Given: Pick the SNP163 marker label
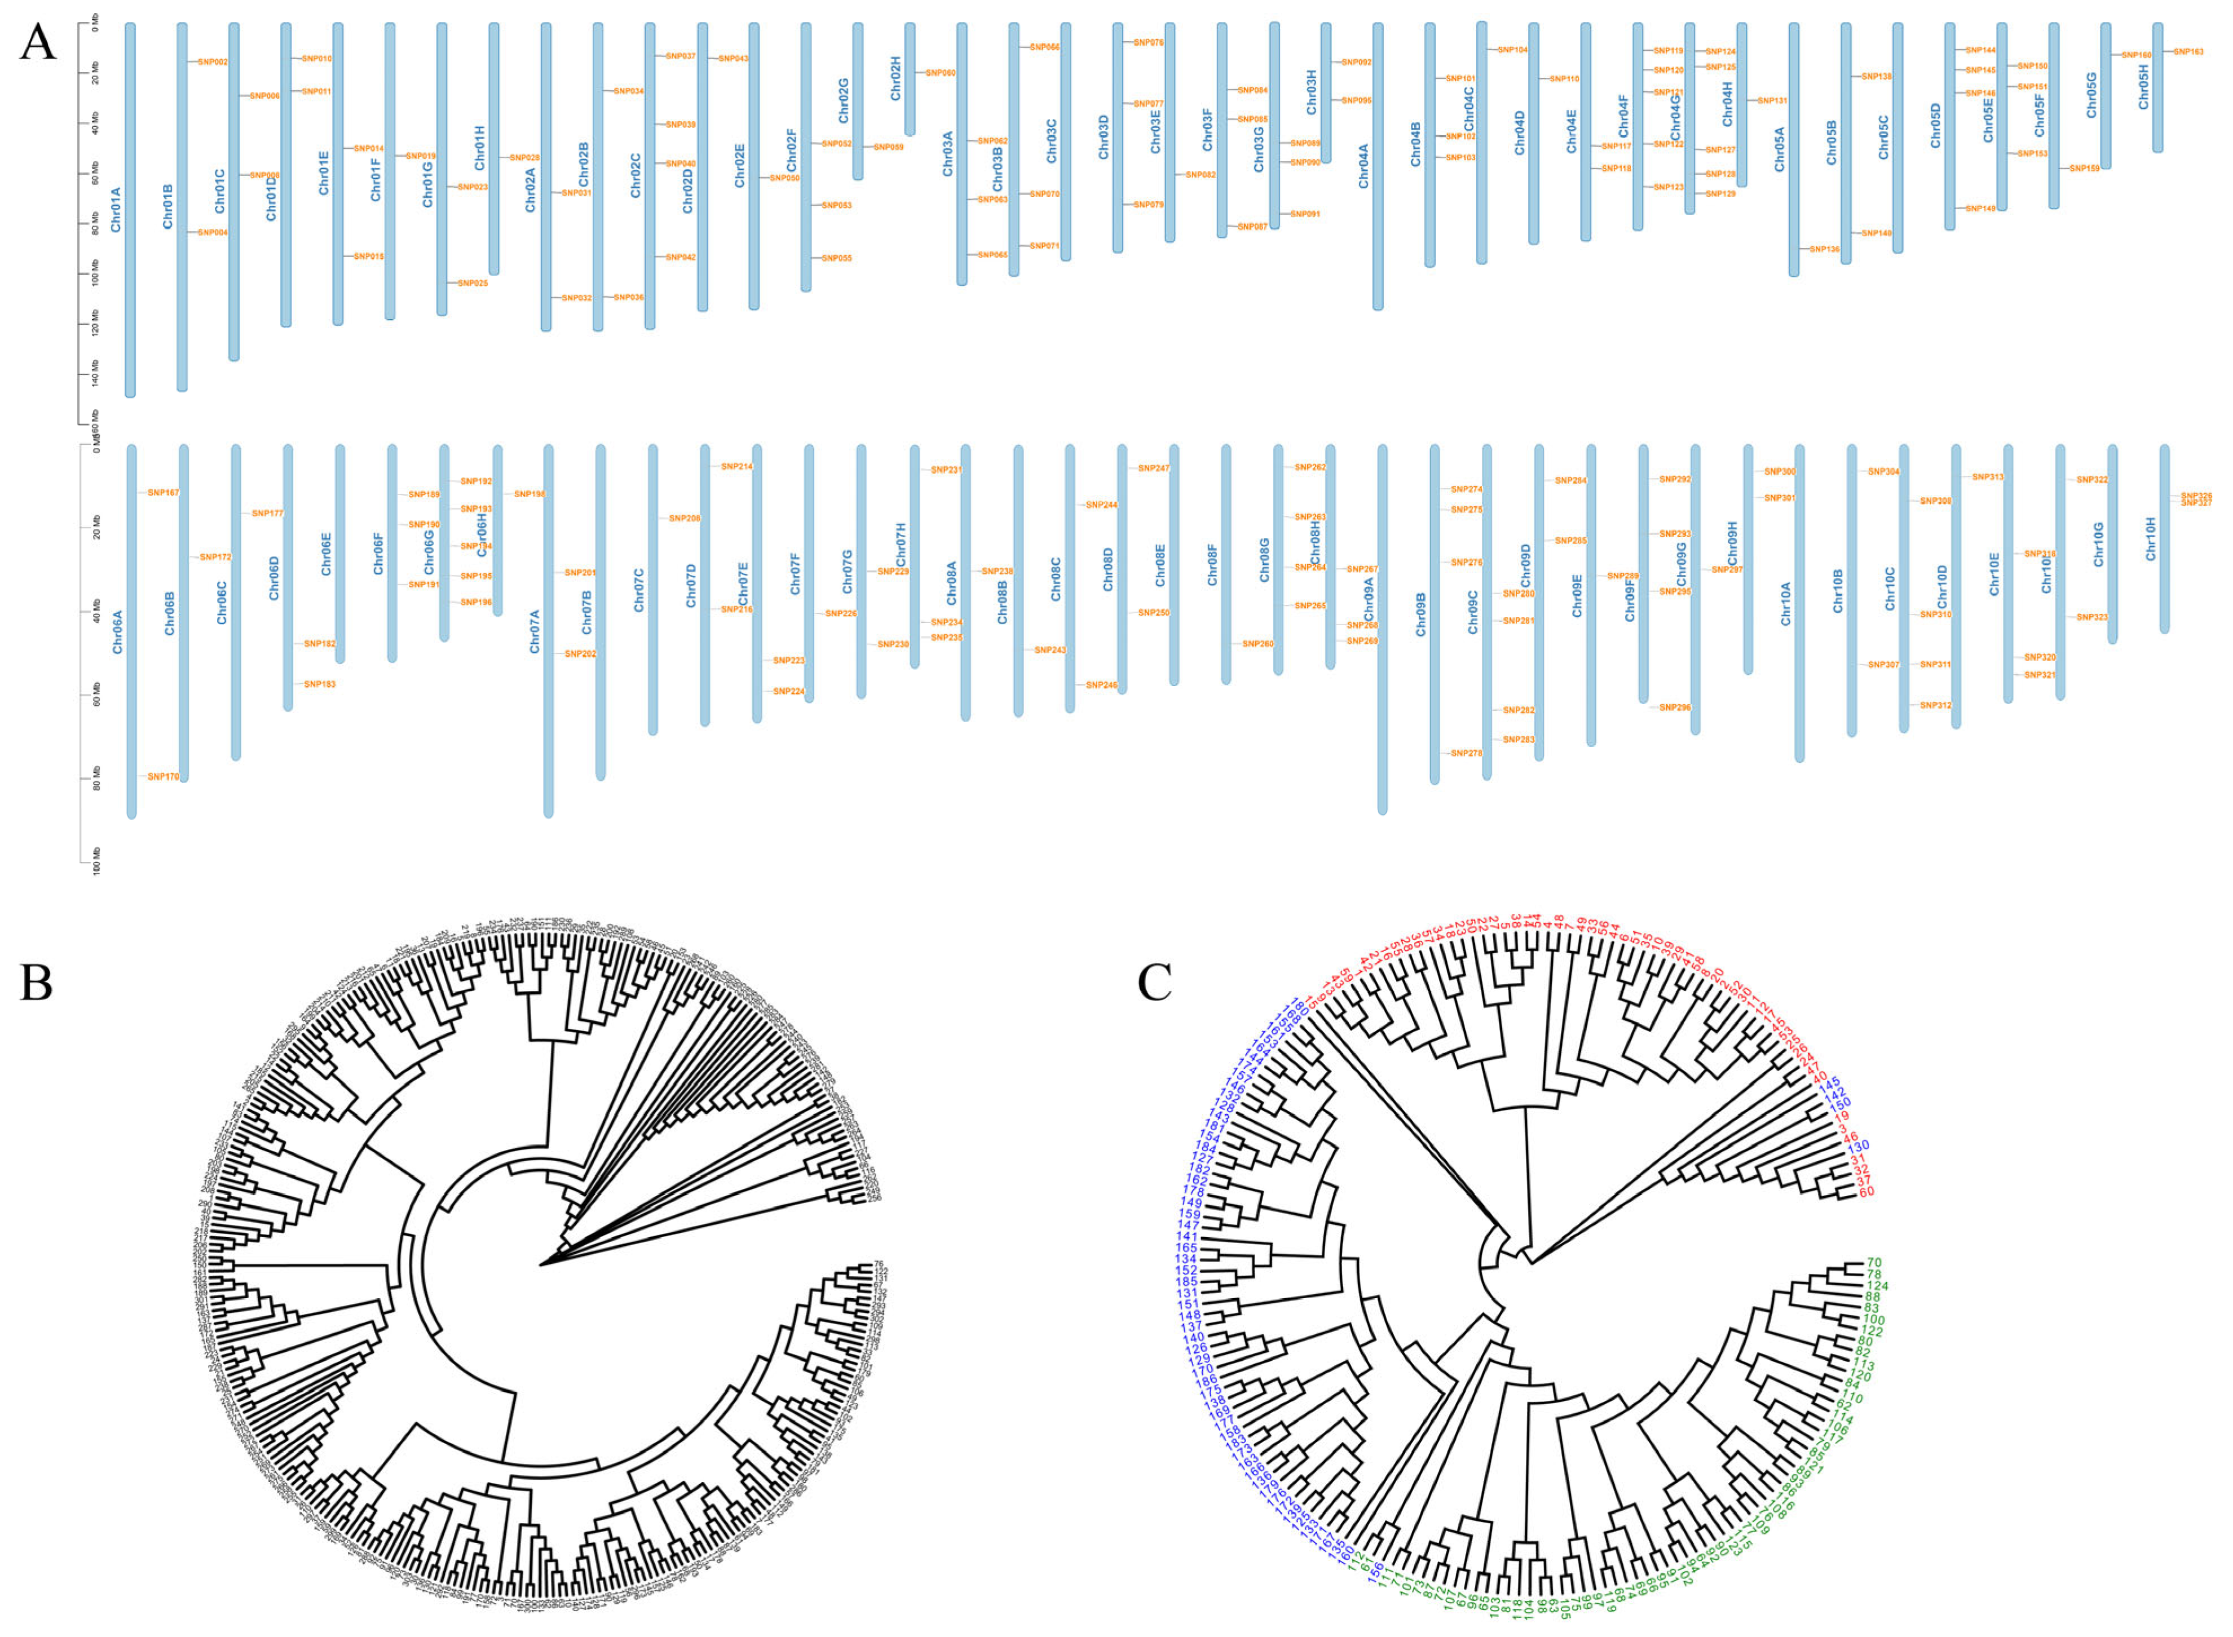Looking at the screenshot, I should pos(2188,51).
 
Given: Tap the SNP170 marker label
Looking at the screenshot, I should pos(164,777).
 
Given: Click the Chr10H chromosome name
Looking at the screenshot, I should pos(2151,538).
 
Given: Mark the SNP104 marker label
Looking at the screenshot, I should pos(1512,50).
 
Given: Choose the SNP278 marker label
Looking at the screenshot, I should pos(1467,753).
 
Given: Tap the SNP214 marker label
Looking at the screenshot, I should pos(736,466).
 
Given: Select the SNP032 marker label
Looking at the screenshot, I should pos(577,297).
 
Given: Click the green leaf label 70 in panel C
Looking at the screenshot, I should pos(1874,1263).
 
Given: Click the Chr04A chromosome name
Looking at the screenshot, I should pos(1364,166).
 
